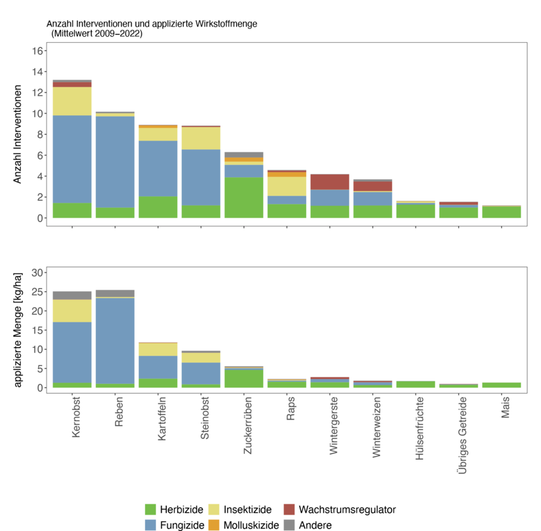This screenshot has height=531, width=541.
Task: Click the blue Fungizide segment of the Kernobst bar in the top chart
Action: coord(72,159)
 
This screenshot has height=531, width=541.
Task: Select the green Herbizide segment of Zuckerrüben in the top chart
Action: coord(243,198)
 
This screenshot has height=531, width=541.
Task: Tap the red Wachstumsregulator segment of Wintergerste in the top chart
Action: coord(329,181)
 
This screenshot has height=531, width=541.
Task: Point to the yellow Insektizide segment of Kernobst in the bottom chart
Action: coord(72,311)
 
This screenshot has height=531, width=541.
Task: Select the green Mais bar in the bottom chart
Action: coord(501,385)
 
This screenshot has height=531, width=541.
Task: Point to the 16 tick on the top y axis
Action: coord(37,51)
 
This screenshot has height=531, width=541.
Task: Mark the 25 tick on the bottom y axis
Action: coord(37,291)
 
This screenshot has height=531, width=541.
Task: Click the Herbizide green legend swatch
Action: coord(151,510)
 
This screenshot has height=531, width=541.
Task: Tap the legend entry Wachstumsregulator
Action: coord(347,510)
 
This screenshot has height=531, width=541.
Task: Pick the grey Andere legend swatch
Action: coord(289,525)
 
